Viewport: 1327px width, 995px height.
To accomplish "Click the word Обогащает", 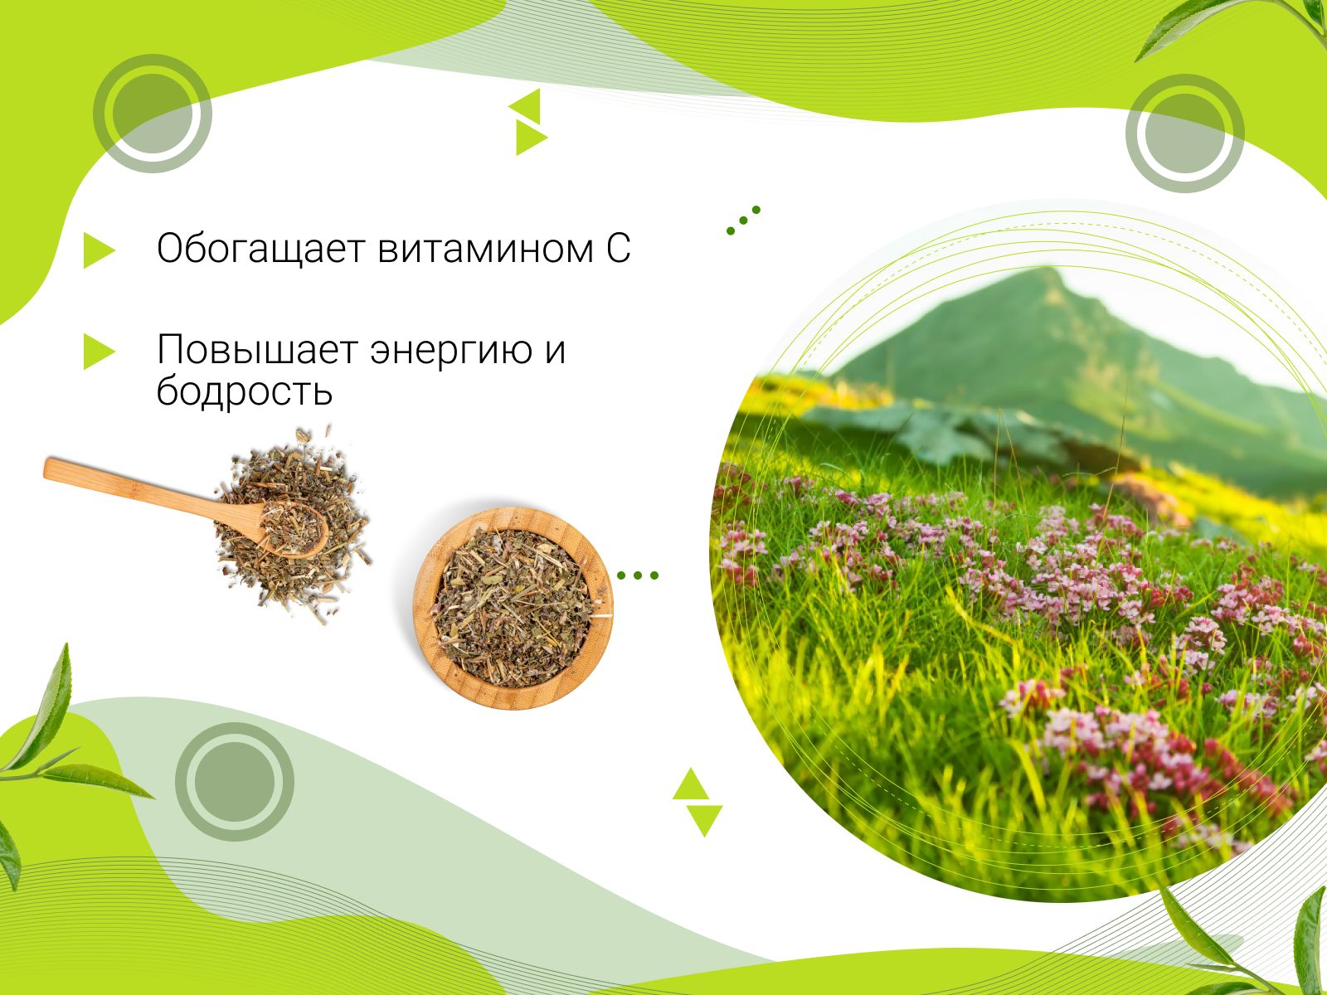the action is (x=260, y=248).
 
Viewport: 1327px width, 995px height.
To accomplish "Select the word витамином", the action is (x=485, y=249).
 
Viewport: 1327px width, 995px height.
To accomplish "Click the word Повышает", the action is (x=258, y=351).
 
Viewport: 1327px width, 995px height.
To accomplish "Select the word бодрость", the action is (x=244, y=391).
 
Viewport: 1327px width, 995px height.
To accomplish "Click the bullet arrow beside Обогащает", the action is (x=99, y=250).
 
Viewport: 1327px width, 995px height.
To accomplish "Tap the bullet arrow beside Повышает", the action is (x=99, y=351).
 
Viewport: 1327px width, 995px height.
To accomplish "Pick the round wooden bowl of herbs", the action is (x=513, y=608).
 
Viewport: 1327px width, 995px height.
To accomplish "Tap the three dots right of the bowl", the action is (x=638, y=575).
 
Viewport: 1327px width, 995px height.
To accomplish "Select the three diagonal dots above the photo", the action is (x=743, y=221).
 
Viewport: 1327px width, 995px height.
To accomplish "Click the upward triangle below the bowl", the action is (x=690, y=785).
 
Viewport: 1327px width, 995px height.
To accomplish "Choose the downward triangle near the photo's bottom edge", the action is (x=705, y=818).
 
